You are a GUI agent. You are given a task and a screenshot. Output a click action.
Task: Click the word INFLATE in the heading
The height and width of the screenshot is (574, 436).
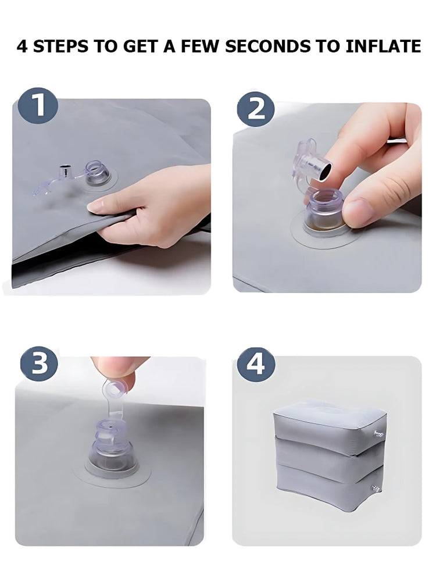[383, 47]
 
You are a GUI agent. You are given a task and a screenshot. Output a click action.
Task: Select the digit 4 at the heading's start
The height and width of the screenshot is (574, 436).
[22, 47]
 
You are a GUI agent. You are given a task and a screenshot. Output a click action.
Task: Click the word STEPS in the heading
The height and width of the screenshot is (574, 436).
[61, 47]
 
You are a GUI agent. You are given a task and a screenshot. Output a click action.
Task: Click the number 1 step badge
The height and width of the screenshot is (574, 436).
[38, 106]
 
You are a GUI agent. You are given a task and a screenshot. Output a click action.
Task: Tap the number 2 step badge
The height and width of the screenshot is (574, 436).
[256, 109]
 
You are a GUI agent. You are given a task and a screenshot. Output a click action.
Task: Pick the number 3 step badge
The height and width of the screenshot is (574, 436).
[39, 363]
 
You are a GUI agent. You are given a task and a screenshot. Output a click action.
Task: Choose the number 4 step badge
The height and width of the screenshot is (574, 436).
[256, 365]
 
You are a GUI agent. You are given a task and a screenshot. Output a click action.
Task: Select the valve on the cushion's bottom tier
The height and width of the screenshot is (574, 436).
[374, 489]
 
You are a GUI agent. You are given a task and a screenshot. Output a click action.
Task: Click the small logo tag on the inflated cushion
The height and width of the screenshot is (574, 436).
[379, 434]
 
